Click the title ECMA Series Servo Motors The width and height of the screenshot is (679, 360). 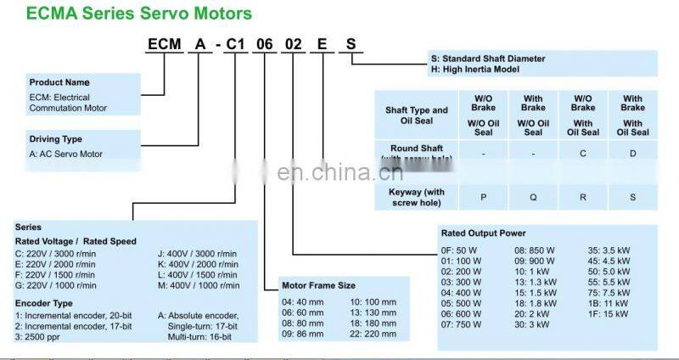(x=140, y=14)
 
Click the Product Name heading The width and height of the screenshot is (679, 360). (x=59, y=82)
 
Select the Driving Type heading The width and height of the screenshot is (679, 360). (x=56, y=139)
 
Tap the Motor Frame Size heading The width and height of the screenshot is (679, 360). (x=318, y=285)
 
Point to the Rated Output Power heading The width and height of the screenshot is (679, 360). (x=483, y=233)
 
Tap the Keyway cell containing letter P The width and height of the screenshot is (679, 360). (x=484, y=197)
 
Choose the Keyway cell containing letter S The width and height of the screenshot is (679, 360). (x=632, y=197)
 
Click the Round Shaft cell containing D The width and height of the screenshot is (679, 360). (x=632, y=154)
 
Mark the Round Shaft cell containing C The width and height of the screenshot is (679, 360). (x=583, y=154)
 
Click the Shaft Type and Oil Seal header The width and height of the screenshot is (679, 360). (x=417, y=115)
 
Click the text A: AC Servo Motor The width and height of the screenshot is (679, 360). (x=65, y=154)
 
